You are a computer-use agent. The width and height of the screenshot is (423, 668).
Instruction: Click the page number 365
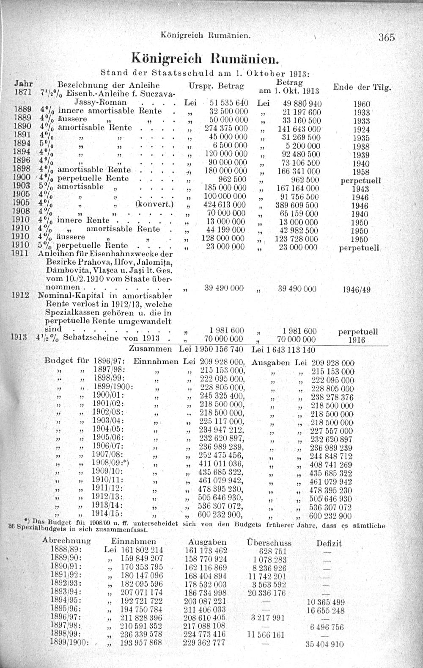pos(387,37)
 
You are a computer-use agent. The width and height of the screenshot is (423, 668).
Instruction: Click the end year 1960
pos(361,104)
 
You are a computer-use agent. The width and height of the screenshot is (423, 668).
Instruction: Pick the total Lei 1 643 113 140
pos(283,350)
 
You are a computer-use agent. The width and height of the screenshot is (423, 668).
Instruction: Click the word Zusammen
pos(150,349)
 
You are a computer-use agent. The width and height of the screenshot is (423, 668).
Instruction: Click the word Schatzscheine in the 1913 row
pos(88,338)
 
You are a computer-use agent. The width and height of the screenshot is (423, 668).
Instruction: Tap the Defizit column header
pos(329,543)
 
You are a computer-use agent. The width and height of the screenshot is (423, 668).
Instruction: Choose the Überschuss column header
pos(269,542)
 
